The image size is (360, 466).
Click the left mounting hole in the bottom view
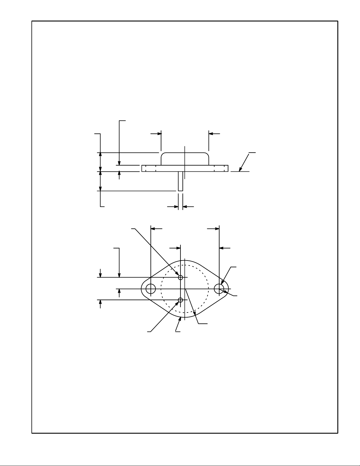point(151,289)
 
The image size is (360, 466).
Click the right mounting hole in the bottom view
point(219,289)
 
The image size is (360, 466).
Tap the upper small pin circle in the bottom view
point(180,277)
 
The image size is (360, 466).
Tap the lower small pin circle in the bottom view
point(180,300)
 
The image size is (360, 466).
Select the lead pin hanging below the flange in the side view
point(180,181)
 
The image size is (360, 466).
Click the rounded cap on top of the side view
point(185,159)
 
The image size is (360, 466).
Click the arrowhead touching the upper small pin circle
point(178,274)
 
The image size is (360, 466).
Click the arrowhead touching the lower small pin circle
point(178,303)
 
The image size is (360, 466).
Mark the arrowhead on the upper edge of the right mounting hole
point(222,283)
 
